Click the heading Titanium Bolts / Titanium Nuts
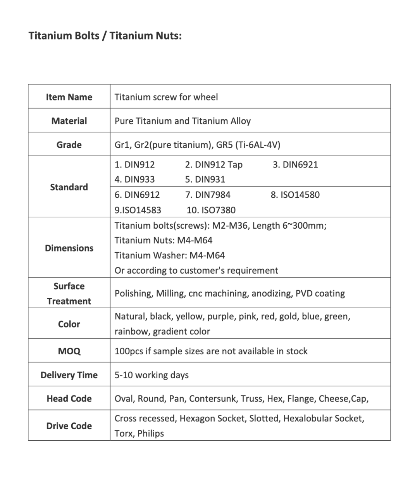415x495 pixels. point(105,36)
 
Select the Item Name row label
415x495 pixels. point(69,97)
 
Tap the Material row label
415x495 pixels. point(69,121)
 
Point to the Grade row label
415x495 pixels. point(69,145)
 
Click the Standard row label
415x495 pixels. point(69,187)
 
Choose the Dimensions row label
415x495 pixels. point(69,248)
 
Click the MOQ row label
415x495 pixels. point(69,351)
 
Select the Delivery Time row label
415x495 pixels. point(69,375)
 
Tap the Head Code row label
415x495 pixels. point(69,398)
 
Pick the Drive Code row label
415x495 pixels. point(69,426)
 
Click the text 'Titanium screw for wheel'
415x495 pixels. point(166,97)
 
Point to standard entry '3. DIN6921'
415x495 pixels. point(295,165)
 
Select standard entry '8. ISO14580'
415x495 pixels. point(295,195)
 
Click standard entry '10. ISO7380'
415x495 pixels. point(211,210)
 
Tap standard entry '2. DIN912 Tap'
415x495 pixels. point(214,165)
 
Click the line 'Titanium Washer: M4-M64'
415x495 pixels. point(170,255)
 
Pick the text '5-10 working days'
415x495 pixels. point(152,375)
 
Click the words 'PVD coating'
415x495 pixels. point(320,293)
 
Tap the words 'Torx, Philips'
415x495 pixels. point(139,433)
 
